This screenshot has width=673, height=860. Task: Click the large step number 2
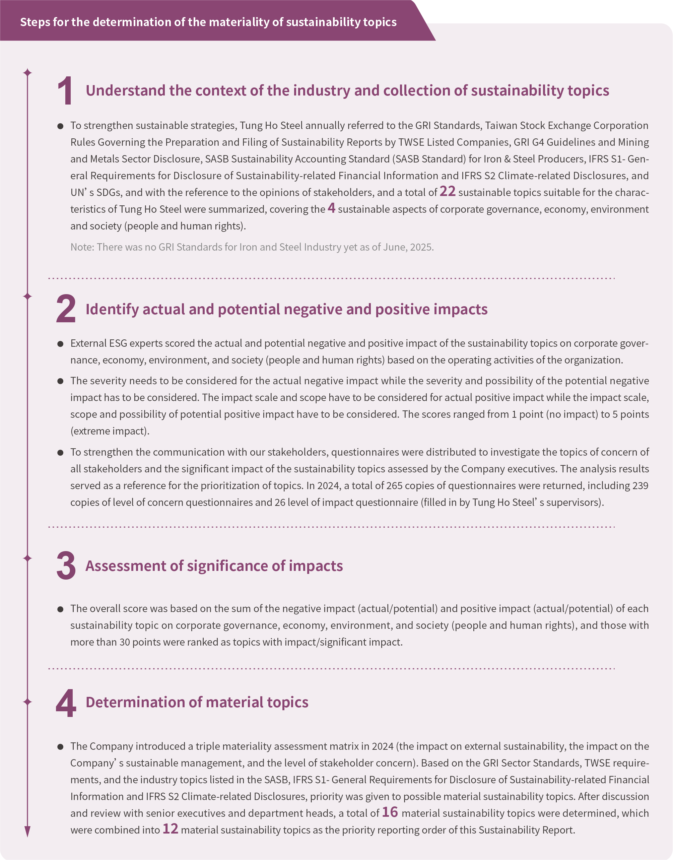click(66, 309)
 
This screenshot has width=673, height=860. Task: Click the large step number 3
click(66, 566)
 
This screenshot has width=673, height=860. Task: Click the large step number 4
click(66, 703)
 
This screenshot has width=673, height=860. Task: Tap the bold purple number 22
click(447, 191)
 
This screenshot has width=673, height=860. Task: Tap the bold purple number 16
click(390, 812)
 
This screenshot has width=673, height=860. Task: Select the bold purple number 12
click(170, 829)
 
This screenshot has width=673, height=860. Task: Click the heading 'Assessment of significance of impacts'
click(214, 566)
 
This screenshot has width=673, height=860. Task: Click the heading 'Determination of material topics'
click(197, 702)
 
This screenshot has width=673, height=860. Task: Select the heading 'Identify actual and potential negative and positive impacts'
click(286, 309)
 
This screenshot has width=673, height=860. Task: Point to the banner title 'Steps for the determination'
click(208, 22)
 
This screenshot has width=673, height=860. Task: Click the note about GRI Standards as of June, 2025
click(252, 247)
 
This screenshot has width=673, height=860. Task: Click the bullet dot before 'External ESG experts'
click(60, 344)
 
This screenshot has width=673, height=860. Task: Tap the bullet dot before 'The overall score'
click(60, 609)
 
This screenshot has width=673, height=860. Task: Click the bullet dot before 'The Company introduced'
click(60, 747)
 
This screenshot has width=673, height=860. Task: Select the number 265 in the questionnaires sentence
click(394, 486)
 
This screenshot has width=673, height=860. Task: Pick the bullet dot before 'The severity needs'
click(60, 381)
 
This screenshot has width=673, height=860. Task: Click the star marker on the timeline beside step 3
click(27, 558)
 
